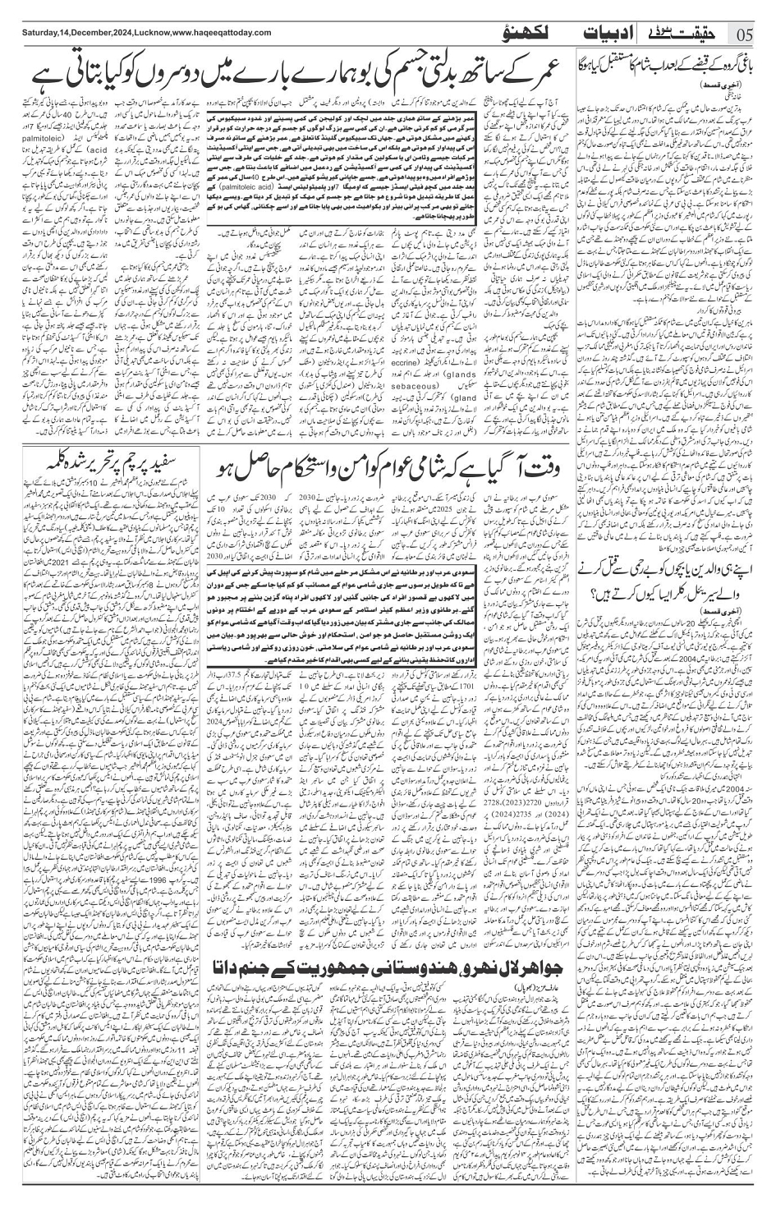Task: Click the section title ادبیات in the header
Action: click(610, 34)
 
